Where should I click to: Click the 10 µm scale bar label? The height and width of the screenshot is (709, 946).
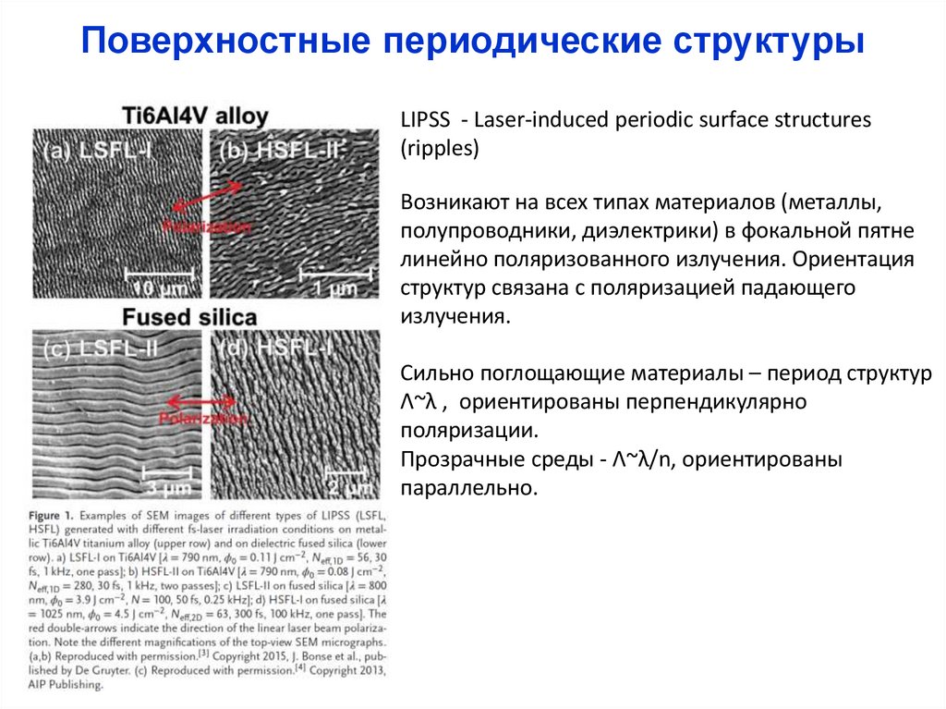coord(161,289)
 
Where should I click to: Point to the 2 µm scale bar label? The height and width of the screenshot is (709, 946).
coord(347,486)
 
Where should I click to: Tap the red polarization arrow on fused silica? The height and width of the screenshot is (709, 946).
coord(201,402)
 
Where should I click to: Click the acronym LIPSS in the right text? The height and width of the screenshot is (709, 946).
coord(424,121)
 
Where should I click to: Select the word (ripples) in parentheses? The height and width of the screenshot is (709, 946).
coord(440,148)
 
